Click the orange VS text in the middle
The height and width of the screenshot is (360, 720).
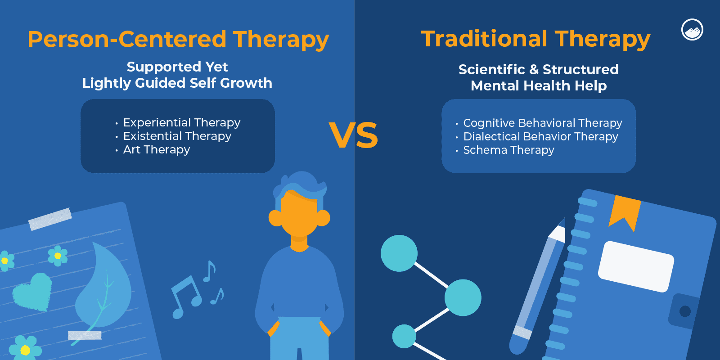pos(353,135)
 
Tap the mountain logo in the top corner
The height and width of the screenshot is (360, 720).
pos(692,30)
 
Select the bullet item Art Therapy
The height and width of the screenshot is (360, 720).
pos(156,149)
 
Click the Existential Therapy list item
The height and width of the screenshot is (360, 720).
pos(177,136)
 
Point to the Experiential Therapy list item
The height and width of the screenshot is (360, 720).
pos(181,122)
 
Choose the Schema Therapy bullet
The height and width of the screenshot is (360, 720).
pos(508,150)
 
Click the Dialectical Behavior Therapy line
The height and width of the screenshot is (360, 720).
pos(540,136)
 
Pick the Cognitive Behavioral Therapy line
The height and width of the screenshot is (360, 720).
pos(542,123)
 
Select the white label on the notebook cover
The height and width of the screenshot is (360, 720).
pos(636,266)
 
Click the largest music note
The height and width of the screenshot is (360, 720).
pos(186,295)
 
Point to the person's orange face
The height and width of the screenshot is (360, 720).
pos(299,216)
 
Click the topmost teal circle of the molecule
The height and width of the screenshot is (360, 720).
pos(399,253)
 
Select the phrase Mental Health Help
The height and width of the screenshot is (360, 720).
pos(539,85)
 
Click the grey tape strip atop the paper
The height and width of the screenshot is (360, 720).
pos(50,219)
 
